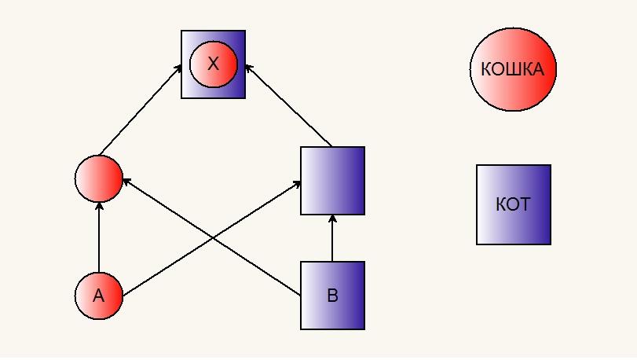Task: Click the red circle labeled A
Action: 99,296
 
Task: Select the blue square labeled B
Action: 332,296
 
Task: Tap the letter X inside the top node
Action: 214,64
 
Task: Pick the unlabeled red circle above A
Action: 99,178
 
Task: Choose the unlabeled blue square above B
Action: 332,181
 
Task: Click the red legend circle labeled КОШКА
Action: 513,69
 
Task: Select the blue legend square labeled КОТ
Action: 514,205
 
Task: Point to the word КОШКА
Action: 513,69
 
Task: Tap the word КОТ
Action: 513,204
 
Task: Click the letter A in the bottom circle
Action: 99,296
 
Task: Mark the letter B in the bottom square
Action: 332,296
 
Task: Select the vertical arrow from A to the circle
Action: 99,237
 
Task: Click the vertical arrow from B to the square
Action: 332,238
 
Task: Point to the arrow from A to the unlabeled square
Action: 211,239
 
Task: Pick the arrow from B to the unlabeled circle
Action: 211,237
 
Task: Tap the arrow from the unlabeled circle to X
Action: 141,110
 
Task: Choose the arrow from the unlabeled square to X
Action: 288,105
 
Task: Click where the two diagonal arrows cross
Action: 211,238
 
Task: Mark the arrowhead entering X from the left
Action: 178,68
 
